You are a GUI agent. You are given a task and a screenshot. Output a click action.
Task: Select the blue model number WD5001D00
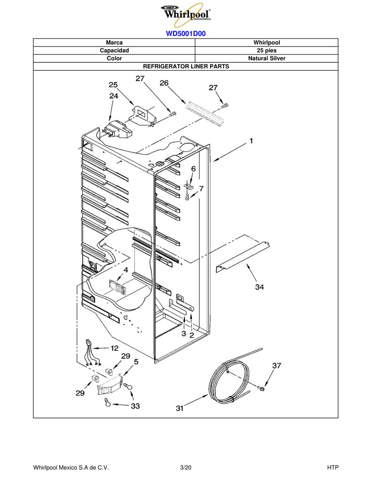coord(186,33)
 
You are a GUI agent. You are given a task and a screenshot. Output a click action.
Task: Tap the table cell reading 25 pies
coord(267,50)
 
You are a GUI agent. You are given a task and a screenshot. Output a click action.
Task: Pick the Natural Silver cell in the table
coord(267,58)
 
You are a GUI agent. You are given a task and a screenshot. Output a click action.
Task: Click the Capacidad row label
coord(114,50)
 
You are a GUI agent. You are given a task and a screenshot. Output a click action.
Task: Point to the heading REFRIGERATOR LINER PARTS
coord(186,66)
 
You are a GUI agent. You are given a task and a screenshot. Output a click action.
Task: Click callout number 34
coord(259,287)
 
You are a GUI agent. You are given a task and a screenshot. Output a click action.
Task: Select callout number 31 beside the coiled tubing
coord(180,408)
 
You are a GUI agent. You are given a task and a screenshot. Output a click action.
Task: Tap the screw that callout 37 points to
coord(261,388)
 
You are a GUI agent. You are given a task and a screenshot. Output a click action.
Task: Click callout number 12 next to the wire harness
coord(115,348)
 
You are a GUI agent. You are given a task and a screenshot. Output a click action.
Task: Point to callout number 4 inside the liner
coord(126,270)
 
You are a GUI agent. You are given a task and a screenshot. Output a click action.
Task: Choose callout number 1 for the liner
coord(251,141)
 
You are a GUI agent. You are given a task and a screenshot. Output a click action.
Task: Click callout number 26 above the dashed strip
coord(164,83)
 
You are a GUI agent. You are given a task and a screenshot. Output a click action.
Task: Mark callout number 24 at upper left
coord(114,96)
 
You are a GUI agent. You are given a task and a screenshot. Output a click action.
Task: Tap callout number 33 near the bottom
coord(135,406)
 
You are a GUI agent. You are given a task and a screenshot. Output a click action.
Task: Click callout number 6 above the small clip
coord(193,169)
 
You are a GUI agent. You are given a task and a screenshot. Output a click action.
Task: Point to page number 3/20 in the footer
coord(186,467)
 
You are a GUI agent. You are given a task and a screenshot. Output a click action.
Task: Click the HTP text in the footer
coord(332,467)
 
